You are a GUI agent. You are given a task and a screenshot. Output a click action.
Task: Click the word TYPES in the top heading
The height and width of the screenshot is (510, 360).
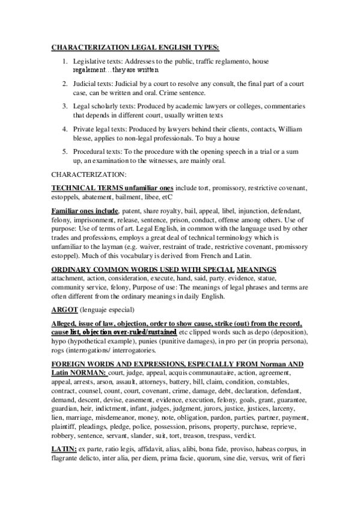(x=203, y=47)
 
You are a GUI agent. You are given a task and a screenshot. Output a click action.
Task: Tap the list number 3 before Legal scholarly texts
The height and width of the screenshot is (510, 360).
(x=65, y=105)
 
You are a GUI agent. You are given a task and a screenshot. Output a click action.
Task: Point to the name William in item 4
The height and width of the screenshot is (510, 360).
(x=288, y=129)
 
